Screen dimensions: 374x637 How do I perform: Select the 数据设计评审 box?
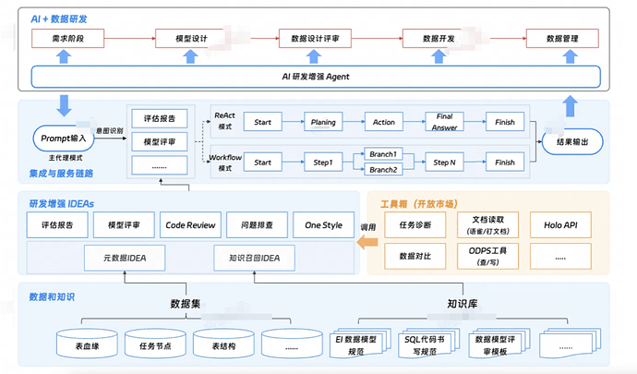pyautogui.click(x=317, y=39)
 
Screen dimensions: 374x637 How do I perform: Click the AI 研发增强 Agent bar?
pyautogui.click(x=317, y=76)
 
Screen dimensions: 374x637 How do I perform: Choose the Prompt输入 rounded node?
pyautogui.click(x=64, y=139)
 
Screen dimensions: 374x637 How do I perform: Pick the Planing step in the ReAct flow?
pyautogui.click(x=323, y=122)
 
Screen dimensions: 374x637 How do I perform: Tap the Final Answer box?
pyautogui.click(x=443, y=122)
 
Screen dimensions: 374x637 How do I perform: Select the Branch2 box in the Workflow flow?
pyautogui.click(x=382, y=170)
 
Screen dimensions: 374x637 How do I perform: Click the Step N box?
pyautogui.click(x=443, y=163)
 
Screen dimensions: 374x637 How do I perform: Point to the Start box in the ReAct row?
pyautogui.click(x=262, y=122)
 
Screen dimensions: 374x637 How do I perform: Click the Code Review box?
pyautogui.click(x=190, y=224)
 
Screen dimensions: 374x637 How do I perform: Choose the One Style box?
pyautogui.click(x=323, y=224)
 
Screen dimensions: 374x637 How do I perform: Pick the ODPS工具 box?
pyautogui.click(x=487, y=254)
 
